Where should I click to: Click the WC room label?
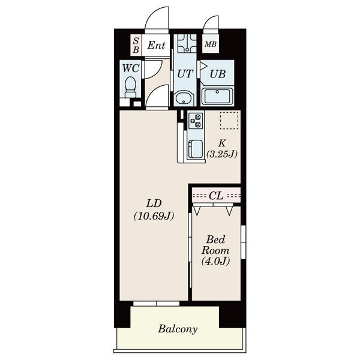point(131,68)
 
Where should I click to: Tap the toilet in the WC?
point(130,88)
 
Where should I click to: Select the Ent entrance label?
point(156,45)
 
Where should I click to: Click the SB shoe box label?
point(136,45)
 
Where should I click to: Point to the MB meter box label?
point(211,44)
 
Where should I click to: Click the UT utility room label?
point(185,74)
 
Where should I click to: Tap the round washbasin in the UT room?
point(184,99)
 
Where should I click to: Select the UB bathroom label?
point(217,74)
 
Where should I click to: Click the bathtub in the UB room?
point(217,97)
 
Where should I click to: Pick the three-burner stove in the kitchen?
point(196,121)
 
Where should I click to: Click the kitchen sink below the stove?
point(196,149)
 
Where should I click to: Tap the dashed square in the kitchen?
point(229,121)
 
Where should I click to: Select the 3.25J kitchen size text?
point(222,154)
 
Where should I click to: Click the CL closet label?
point(216,196)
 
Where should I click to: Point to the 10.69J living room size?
point(154,216)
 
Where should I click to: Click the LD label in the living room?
point(154,203)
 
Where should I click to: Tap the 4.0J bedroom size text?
point(215,261)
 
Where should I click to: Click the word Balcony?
point(178,329)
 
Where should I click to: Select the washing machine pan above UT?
point(187,43)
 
